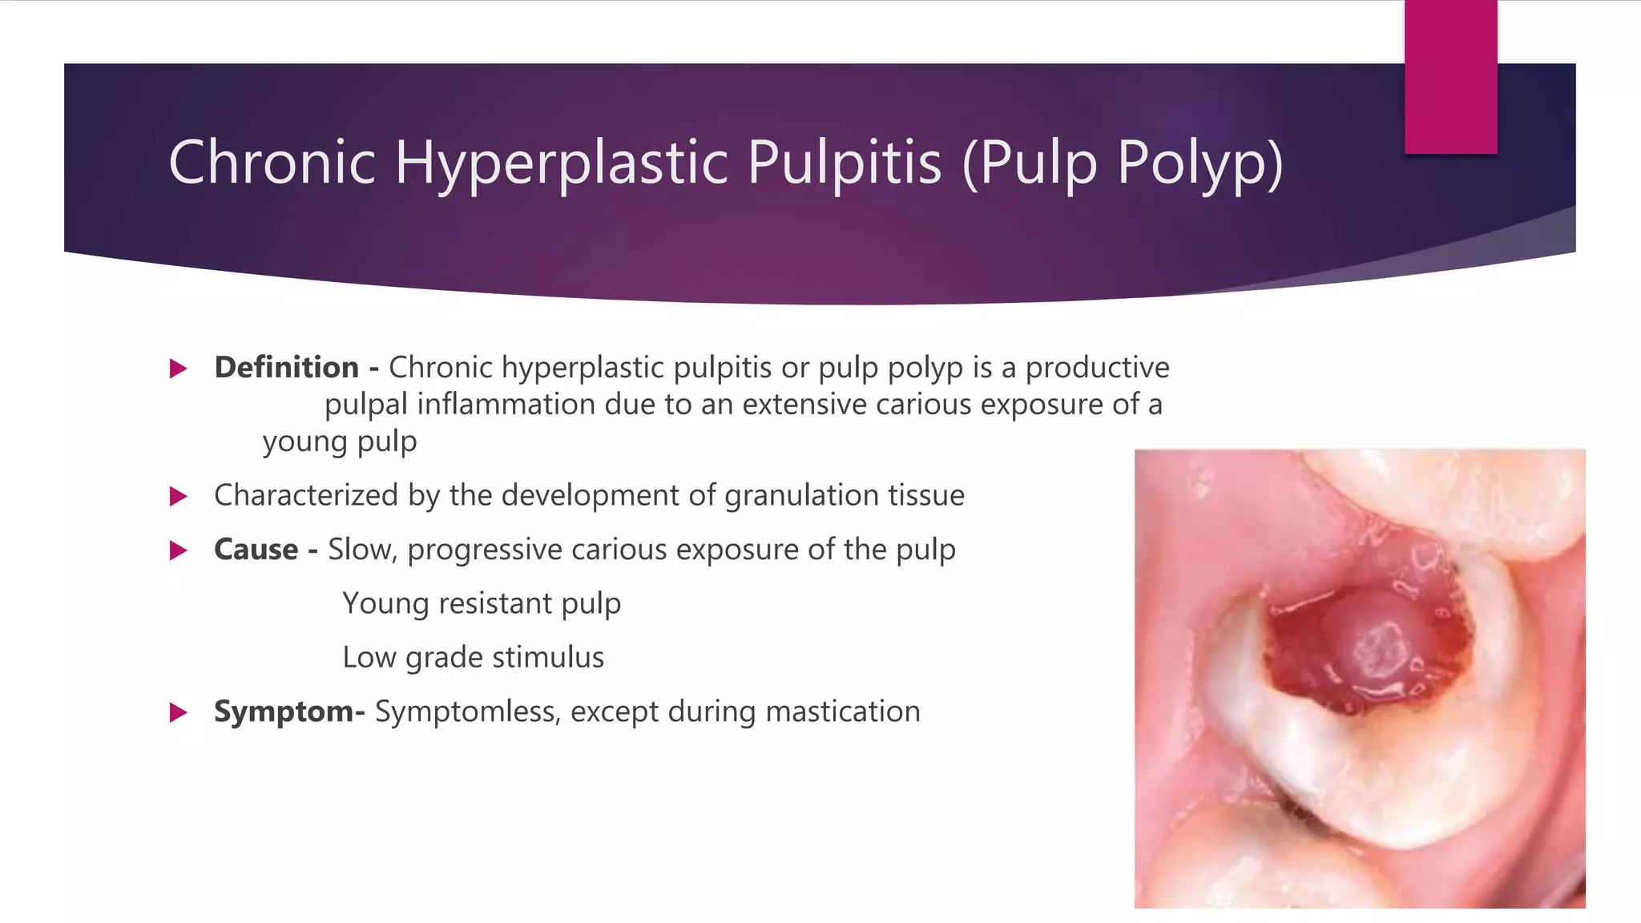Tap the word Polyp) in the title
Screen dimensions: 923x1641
pyautogui.click(x=1200, y=163)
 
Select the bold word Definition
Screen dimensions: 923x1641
pyautogui.click(x=286, y=368)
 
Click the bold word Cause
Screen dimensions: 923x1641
pyautogui.click(x=256, y=550)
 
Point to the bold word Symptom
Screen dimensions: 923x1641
pyautogui.click(x=283, y=711)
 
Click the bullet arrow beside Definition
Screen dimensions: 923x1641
pyautogui.click(x=179, y=369)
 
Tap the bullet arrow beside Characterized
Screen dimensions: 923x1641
pyautogui.click(x=179, y=497)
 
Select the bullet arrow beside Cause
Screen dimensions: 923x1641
pyautogui.click(x=179, y=550)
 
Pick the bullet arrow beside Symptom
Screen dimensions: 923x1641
pyautogui.click(x=179, y=712)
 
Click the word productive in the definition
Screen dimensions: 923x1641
pyautogui.click(x=1097, y=368)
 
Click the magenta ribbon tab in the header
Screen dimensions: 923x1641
pyautogui.click(x=1450, y=77)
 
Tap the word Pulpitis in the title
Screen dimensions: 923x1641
pyautogui.click(x=844, y=163)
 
